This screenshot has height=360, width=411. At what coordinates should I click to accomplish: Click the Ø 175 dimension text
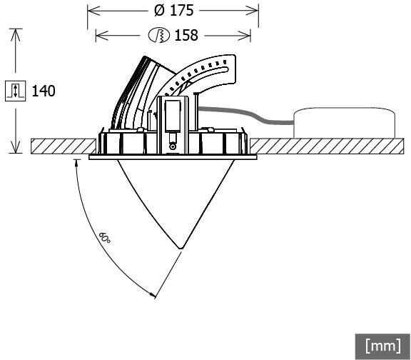(174, 11)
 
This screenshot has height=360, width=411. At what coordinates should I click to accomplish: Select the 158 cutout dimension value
(186, 35)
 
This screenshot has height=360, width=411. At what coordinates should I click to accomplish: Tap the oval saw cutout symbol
(159, 35)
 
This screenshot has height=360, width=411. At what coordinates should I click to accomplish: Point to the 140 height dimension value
(44, 91)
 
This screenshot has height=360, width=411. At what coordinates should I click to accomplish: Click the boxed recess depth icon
(16, 91)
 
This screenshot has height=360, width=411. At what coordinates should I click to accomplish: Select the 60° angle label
(105, 237)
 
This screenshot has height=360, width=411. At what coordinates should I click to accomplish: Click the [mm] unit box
(383, 346)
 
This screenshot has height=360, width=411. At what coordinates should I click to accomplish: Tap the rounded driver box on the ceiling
(344, 123)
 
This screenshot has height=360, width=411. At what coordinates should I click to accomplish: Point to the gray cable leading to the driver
(245, 114)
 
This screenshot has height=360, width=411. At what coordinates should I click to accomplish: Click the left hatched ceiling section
(64, 146)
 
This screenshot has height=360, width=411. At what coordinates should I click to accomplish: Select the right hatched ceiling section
(327, 146)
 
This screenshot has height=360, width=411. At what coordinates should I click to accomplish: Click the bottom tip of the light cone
(181, 249)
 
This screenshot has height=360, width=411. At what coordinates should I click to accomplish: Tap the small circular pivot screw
(173, 146)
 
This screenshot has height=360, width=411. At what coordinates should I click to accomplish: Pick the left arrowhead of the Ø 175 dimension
(93, 11)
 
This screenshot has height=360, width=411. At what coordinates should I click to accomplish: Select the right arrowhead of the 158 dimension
(245, 35)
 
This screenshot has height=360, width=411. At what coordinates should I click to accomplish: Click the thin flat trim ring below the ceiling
(173, 157)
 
